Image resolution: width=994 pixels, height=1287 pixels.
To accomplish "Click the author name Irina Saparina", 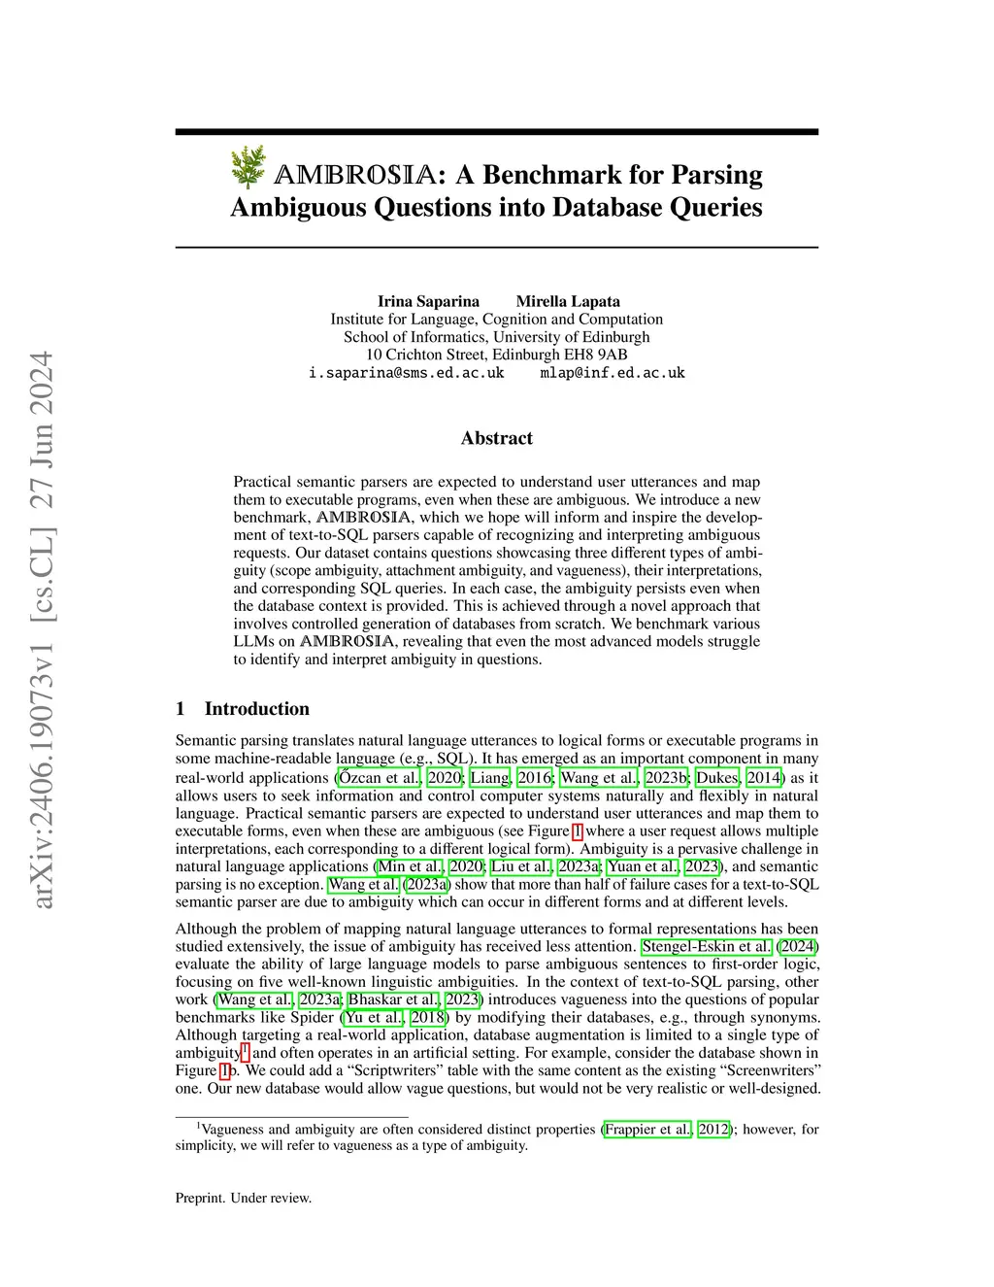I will [x=428, y=301].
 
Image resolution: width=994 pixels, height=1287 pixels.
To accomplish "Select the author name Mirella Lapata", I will [x=568, y=301].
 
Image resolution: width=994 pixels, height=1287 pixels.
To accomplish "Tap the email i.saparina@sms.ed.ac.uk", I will [x=406, y=373].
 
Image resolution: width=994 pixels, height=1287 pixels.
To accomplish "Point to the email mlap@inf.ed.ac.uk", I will [x=613, y=373].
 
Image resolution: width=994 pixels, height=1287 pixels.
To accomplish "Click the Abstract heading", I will [x=497, y=438].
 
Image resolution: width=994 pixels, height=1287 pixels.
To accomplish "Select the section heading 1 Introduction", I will [x=243, y=709].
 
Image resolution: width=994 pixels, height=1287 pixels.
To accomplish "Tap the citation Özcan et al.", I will [x=380, y=777].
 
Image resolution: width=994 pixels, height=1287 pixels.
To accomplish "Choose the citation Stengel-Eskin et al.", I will [x=708, y=946].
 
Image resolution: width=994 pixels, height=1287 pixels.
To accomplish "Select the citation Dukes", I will [x=717, y=777].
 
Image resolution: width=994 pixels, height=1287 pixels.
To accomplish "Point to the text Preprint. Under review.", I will [x=244, y=1198].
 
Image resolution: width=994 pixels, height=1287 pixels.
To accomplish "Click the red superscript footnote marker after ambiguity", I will [x=246, y=1051].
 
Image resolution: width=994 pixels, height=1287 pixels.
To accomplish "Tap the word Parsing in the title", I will [x=716, y=175].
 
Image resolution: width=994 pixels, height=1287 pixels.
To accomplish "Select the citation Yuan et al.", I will [x=643, y=866].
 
